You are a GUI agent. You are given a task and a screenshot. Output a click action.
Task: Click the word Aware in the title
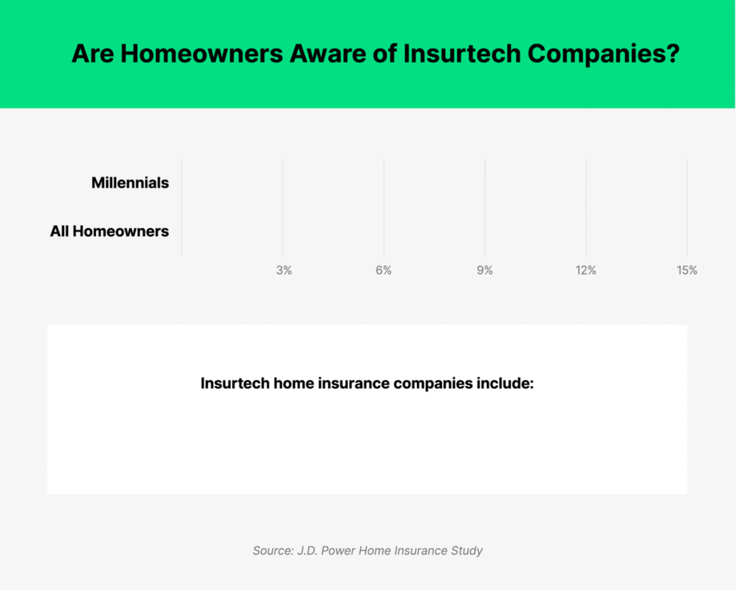(348, 54)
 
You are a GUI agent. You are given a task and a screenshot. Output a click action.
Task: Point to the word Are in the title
(93, 54)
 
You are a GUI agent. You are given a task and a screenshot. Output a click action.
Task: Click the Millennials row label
(130, 183)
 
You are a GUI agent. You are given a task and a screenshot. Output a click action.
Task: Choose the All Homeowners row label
(109, 231)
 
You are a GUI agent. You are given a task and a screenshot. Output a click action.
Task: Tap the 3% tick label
(284, 271)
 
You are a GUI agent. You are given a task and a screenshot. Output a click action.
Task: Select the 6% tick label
(384, 271)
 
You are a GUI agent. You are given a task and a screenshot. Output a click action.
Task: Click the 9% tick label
(485, 271)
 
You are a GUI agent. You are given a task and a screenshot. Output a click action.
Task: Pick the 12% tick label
(585, 271)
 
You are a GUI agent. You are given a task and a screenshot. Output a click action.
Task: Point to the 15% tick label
(686, 271)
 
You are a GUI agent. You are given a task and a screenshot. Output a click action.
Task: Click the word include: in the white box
(505, 383)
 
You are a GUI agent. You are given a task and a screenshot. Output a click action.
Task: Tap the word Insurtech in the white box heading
(235, 383)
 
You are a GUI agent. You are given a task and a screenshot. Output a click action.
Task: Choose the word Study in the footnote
(465, 551)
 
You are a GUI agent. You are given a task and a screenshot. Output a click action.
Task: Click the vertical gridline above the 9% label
(485, 207)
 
